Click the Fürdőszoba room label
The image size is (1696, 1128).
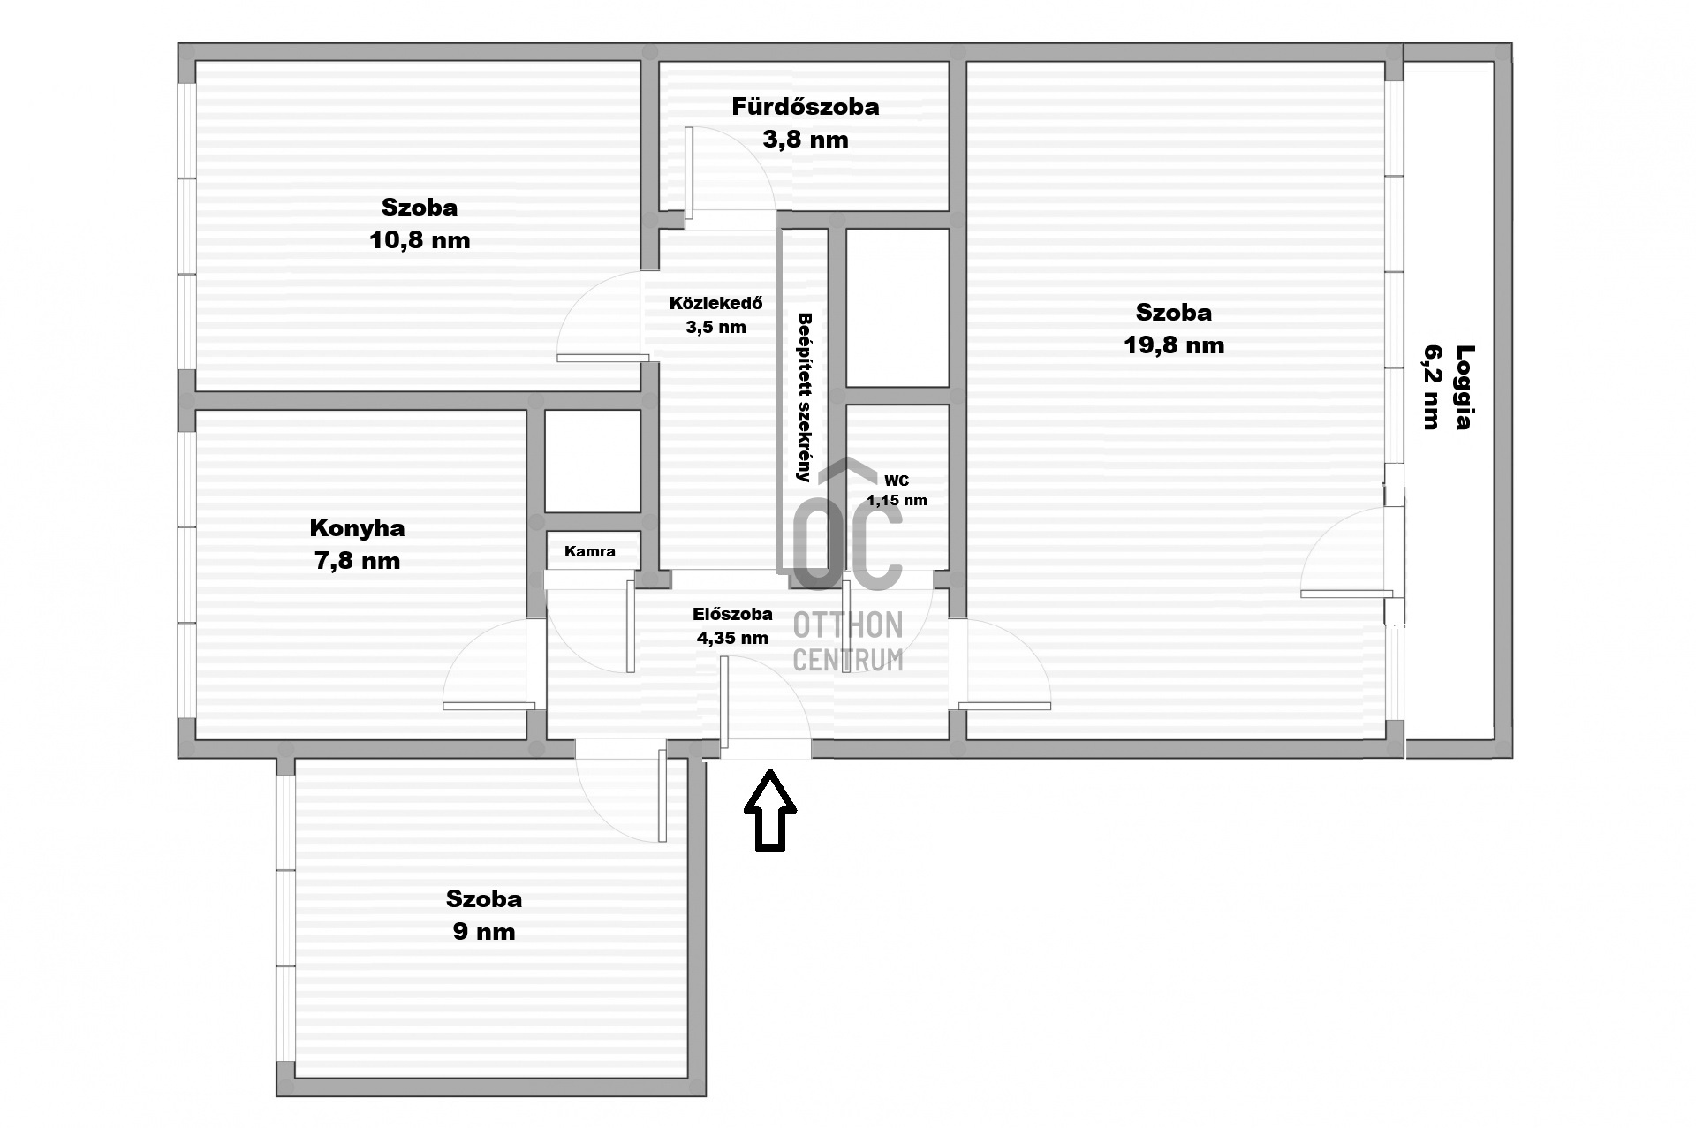click(805, 107)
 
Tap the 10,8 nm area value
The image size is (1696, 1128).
click(420, 240)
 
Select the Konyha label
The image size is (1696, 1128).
click(357, 528)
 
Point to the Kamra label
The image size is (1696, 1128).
click(590, 551)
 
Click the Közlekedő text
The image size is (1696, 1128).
click(715, 303)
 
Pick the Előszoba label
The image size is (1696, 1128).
click(732, 614)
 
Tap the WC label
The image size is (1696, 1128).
click(897, 481)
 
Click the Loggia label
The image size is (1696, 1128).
click(1465, 387)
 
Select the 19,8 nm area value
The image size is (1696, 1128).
click(1174, 345)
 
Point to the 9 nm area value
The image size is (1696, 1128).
click(484, 932)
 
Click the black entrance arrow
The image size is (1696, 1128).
click(770, 810)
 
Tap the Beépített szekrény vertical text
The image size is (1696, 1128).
click(804, 397)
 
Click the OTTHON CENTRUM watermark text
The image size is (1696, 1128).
click(848, 642)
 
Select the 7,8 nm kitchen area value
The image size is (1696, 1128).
click(357, 561)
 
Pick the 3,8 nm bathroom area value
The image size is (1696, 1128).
click(805, 140)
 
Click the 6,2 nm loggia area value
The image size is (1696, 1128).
click(1432, 387)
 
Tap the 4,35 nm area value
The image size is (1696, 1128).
click(732, 638)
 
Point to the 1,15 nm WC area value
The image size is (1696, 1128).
click(897, 501)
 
